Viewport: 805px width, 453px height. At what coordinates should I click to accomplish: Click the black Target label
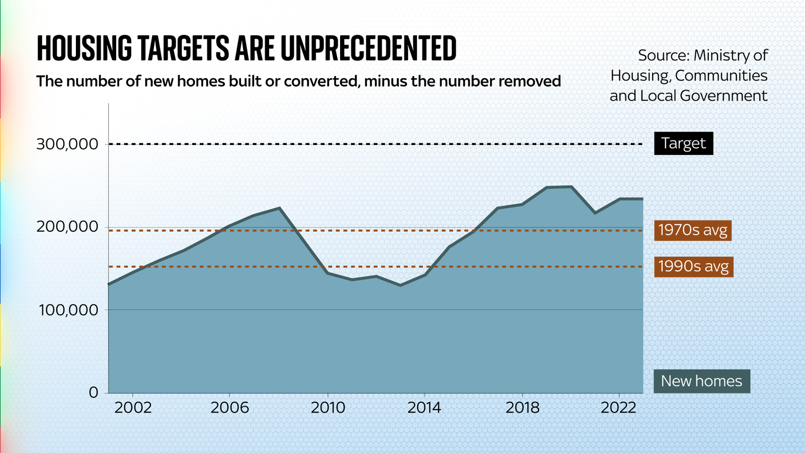click(683, 143)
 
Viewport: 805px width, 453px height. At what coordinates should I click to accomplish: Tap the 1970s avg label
click(692, 231)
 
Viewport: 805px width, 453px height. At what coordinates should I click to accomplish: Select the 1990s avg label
click(693, 266)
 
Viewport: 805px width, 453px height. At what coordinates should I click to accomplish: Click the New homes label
click(701, 381)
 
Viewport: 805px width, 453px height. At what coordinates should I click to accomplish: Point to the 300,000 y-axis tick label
click(67, 144)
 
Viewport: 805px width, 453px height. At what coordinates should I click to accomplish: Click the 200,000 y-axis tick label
click(67, 227)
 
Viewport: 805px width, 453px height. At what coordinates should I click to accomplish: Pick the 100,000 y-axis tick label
click(68, 310)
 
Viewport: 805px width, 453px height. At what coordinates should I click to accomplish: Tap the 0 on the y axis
click(94, 392)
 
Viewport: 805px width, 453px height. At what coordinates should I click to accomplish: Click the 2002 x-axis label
click(133, 408)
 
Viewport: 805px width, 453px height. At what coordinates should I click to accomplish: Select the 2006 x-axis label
click(229, 408)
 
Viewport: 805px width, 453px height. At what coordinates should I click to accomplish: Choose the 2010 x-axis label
click(328, 408)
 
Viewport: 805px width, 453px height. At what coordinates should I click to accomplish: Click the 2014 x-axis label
click(424, 408)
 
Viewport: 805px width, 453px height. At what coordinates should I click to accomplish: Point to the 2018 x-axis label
click(522, 408)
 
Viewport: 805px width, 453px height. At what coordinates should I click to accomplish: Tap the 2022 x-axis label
click(619, 408)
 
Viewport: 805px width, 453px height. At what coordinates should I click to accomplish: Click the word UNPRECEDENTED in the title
click(368, 49)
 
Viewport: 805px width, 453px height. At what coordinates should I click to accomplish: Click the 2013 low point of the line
click(400, 285)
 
